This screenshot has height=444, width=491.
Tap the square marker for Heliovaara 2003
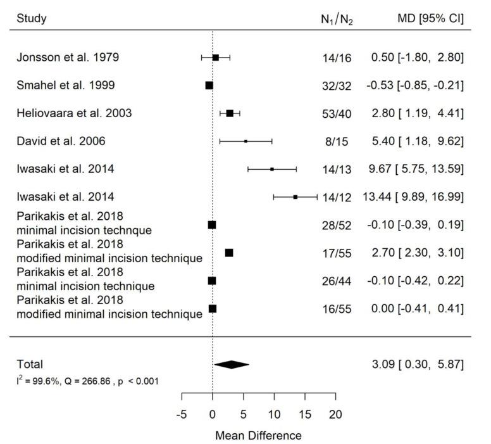click(230, 113)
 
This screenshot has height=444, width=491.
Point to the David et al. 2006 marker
click(245, 141)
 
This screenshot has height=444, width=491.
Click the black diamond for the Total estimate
click(232, 364)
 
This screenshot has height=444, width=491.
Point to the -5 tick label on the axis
click(182, 414)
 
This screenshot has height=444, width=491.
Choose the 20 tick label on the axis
click(335, 414)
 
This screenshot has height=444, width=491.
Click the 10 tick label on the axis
click(274, 414)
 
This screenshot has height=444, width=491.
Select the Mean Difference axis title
click(258, 435)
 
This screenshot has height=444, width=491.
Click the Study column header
click(32, 18)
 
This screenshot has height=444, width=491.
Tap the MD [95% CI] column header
click(428, 18)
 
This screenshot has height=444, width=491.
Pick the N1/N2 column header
click(336, 20)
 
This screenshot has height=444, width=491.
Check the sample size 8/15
click(337, 141)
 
